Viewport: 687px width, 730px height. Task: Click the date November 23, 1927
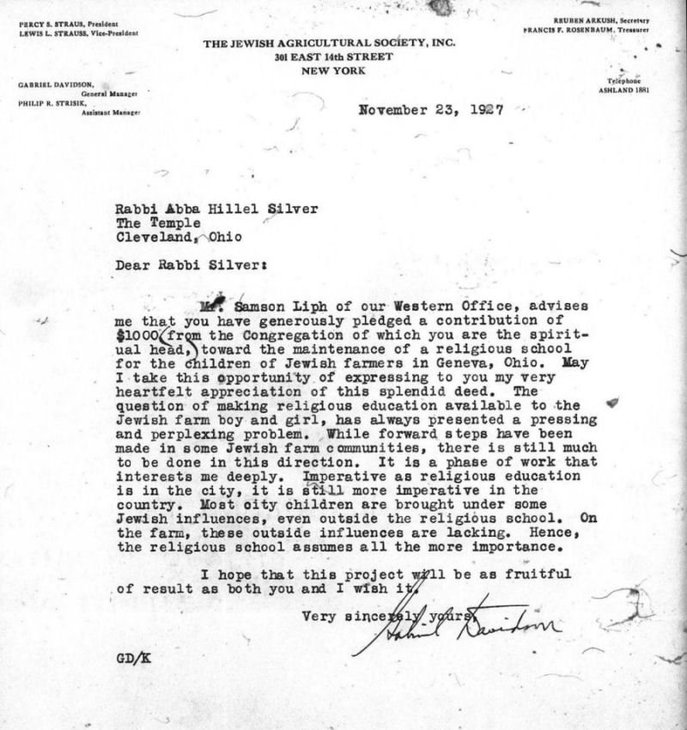click(430, 110)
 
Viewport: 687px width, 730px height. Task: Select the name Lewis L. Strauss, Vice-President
click(78, 33)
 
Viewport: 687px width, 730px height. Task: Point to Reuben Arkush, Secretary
click(602, 21)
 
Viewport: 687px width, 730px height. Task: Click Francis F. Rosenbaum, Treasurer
click(587, 30)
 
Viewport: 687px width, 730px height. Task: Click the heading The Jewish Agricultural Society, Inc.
click(329, 45)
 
